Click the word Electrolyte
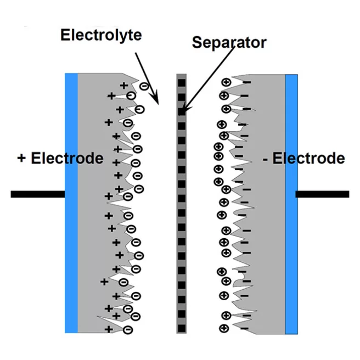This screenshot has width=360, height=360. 101,36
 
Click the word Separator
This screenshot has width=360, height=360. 229,43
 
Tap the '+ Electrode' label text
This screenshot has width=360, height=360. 60,159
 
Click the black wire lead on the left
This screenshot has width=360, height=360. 37,194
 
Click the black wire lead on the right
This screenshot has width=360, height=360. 322,194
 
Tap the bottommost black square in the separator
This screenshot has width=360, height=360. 182,328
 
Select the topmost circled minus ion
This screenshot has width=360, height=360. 144,86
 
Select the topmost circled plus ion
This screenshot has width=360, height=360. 225,82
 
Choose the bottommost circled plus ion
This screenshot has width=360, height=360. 224,329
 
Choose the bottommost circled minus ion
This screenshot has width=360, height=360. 128,330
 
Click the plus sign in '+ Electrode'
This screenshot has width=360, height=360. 21,159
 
